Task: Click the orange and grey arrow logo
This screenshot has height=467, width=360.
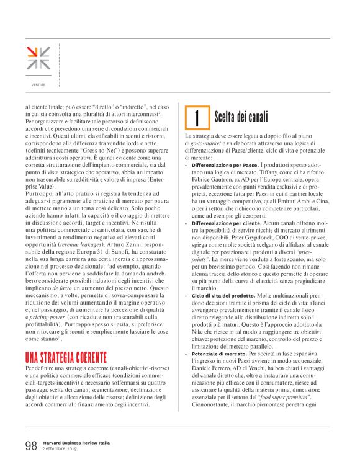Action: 38,58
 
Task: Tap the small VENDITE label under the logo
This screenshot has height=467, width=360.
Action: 38,84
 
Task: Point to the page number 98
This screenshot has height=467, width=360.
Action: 31,445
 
